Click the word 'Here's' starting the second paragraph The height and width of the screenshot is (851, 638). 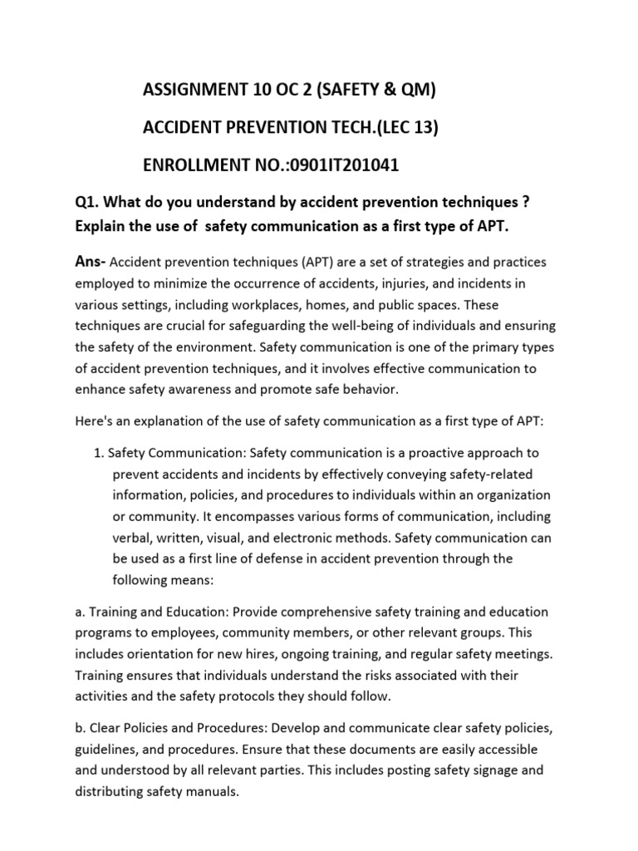(x=94, y=421)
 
